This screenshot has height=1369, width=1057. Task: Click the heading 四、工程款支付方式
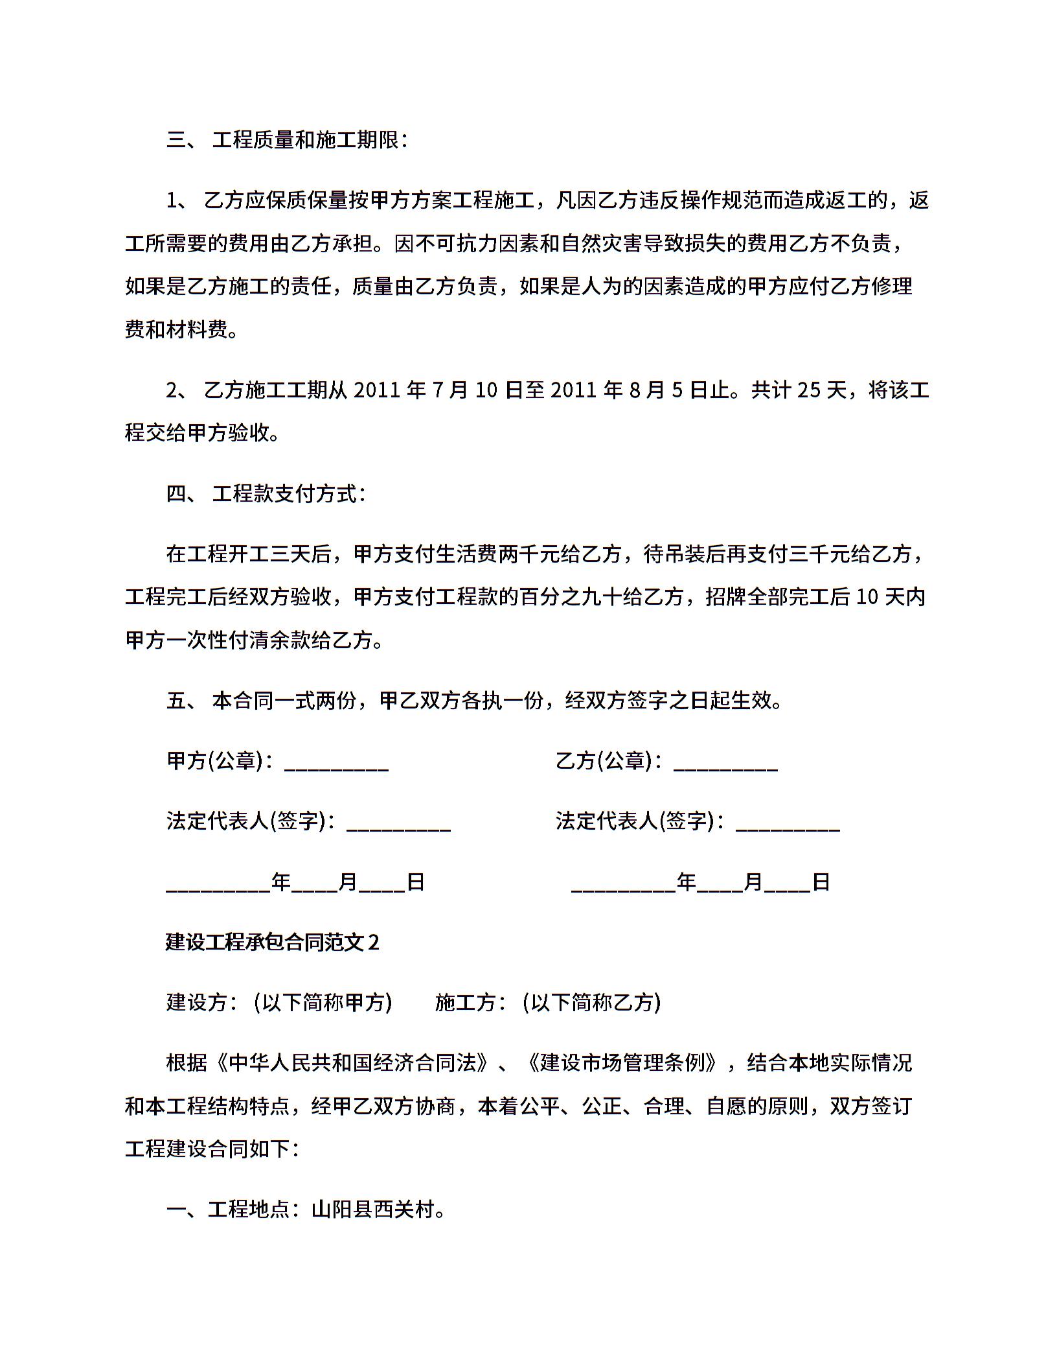(x=266, y=494)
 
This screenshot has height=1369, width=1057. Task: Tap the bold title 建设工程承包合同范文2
(x=272, y=942)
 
